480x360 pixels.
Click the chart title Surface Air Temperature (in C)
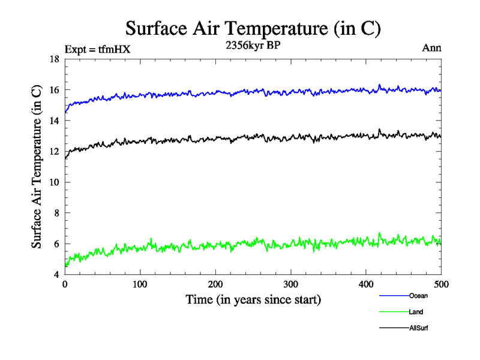[253, 28]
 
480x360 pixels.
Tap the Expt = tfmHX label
[97, 49]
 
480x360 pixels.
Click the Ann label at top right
[431, 48]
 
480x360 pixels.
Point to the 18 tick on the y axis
[53, 59]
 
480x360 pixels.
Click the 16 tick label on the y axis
[53, 90]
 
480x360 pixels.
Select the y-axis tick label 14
[53, 121]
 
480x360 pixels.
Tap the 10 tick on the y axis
[53, 182]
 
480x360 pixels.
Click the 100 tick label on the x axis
[140, 284]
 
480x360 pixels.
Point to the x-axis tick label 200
[215, 284]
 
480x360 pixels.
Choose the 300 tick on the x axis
[290, 284]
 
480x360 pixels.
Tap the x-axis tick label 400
[366, 284]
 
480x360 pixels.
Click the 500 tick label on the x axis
[441, 284]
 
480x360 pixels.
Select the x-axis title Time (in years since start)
[253, 299]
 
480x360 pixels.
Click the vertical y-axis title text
[37, 167]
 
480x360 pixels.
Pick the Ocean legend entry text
[418, 295]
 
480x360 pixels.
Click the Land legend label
[416, 312]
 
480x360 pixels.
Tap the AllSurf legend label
[419, 328]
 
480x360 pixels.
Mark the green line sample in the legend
[394, 312]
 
